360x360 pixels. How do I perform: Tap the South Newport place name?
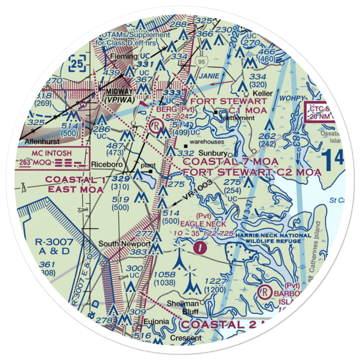click(x=120, y=244)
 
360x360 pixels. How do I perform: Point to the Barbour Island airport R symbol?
click(x=266, y=291)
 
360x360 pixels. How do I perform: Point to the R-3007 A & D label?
click(x=54, y=246)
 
